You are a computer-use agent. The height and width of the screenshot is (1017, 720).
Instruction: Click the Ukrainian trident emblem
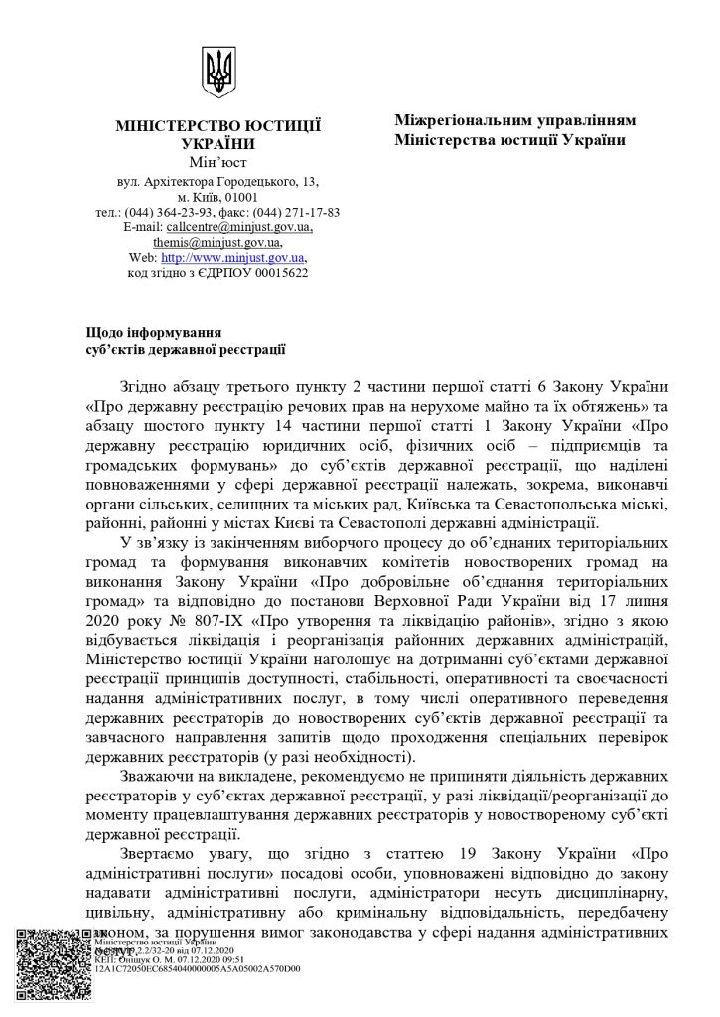(x=218, y=72)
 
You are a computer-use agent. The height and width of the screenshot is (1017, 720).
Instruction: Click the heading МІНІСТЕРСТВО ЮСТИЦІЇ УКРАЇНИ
(x=218, y=135)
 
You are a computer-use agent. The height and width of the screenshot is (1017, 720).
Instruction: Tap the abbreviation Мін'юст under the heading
(x=218, y=162)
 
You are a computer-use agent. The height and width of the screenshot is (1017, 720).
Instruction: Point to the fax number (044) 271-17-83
(x=297, y=212)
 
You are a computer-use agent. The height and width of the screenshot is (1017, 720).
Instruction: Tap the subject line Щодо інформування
(x=151, y=331)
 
